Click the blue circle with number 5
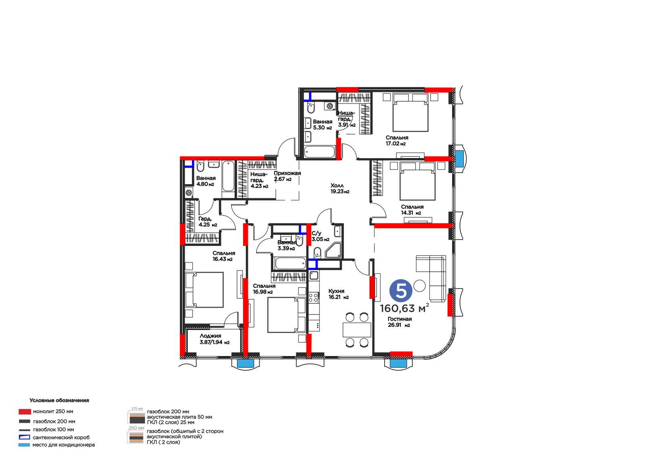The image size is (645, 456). (x=401, y=291)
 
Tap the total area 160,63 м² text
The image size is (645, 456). (x=404, y=308)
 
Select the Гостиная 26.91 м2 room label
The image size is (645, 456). (x=399, y=322)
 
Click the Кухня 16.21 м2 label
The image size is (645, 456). (x=338, y=294)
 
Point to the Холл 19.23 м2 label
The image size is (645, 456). (x=340, y=188)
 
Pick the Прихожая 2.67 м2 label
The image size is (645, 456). (x=287, y=176)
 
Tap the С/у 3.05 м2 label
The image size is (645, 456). (x=320, y=236)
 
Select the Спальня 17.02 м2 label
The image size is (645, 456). (x=397, y=141)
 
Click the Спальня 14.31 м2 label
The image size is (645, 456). (x=412, y=210)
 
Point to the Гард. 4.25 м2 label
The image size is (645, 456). (x=208, y=222)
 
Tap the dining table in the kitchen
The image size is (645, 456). (x=357, y=330)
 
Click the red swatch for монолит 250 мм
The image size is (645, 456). (x=25, y=412)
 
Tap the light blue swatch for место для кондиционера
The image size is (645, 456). (x=24, y=445)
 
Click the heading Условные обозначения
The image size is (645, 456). (x=59, y=400)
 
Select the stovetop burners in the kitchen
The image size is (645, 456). (x=314, y=298)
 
